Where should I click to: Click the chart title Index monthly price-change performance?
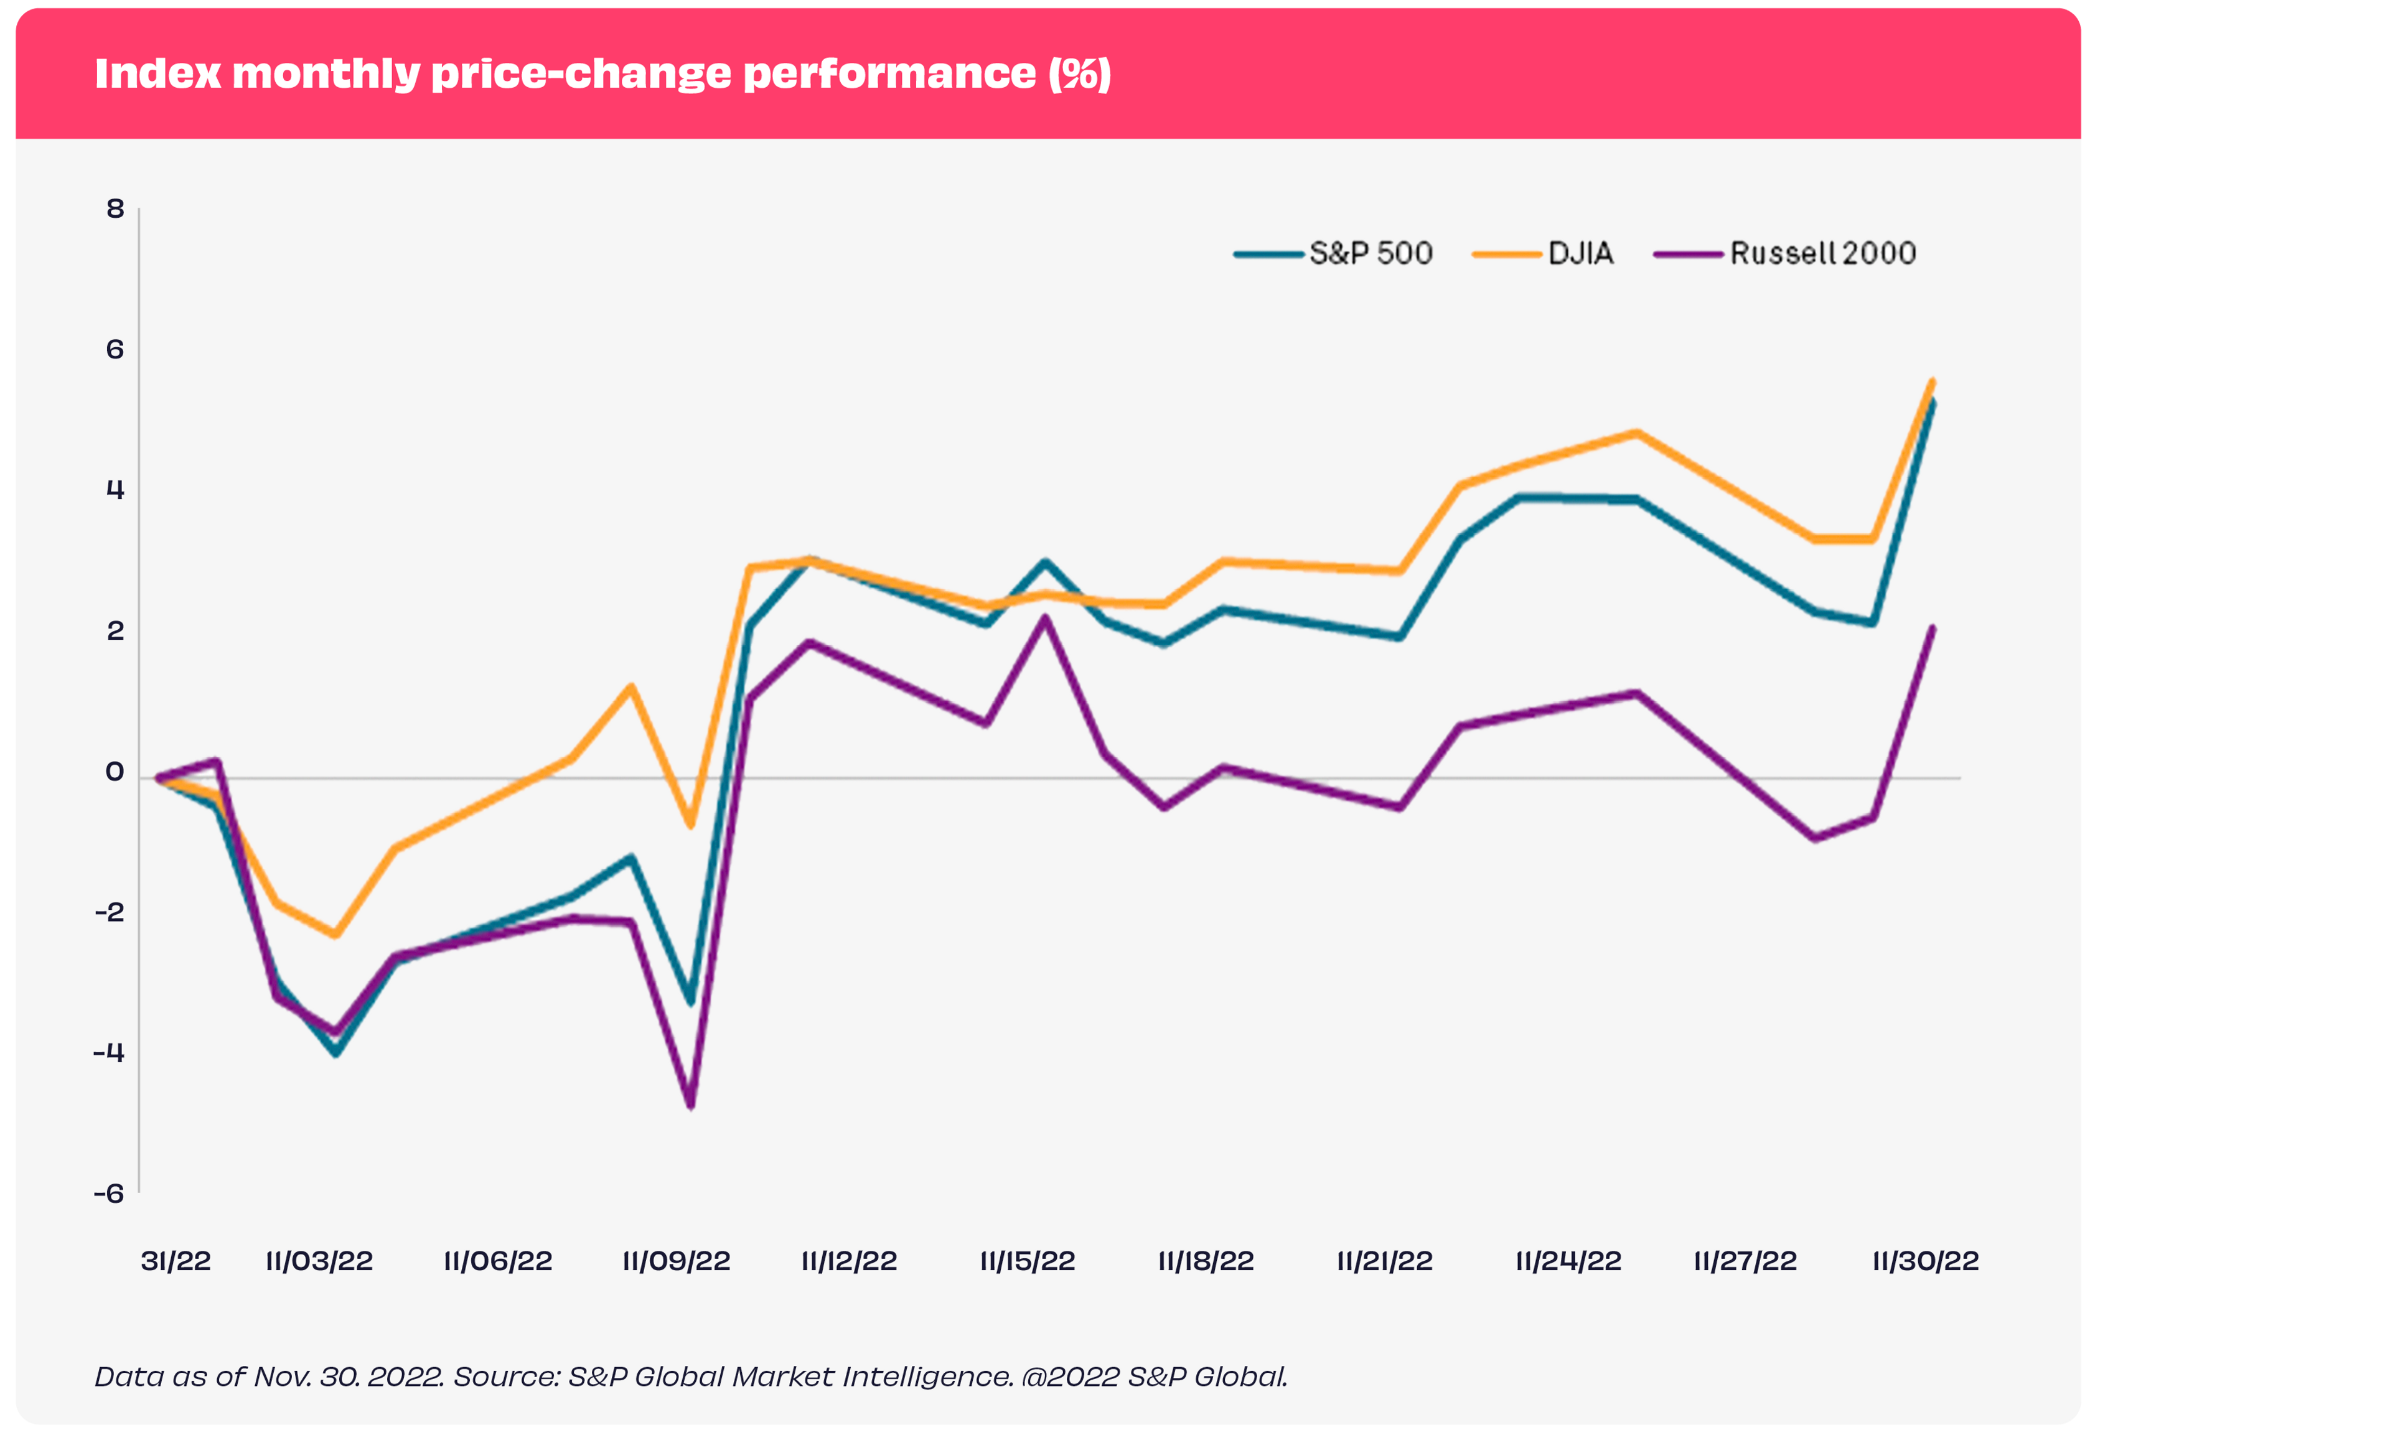[601, 73]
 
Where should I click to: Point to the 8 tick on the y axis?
[115, 208]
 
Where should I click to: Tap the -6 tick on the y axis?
[110, 1193]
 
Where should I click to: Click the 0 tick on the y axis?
[115, 772]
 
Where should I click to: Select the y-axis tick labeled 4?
[115, 490]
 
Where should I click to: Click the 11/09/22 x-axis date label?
[676, 1261]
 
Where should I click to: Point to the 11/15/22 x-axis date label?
[1027, 1261]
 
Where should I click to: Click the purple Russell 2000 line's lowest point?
[691, 1106]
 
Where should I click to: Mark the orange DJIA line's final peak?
[1932, 381]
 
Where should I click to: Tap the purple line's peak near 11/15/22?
[1044, 617]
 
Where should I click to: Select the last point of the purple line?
[1932, 629]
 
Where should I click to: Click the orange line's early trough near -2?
[335, 935]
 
